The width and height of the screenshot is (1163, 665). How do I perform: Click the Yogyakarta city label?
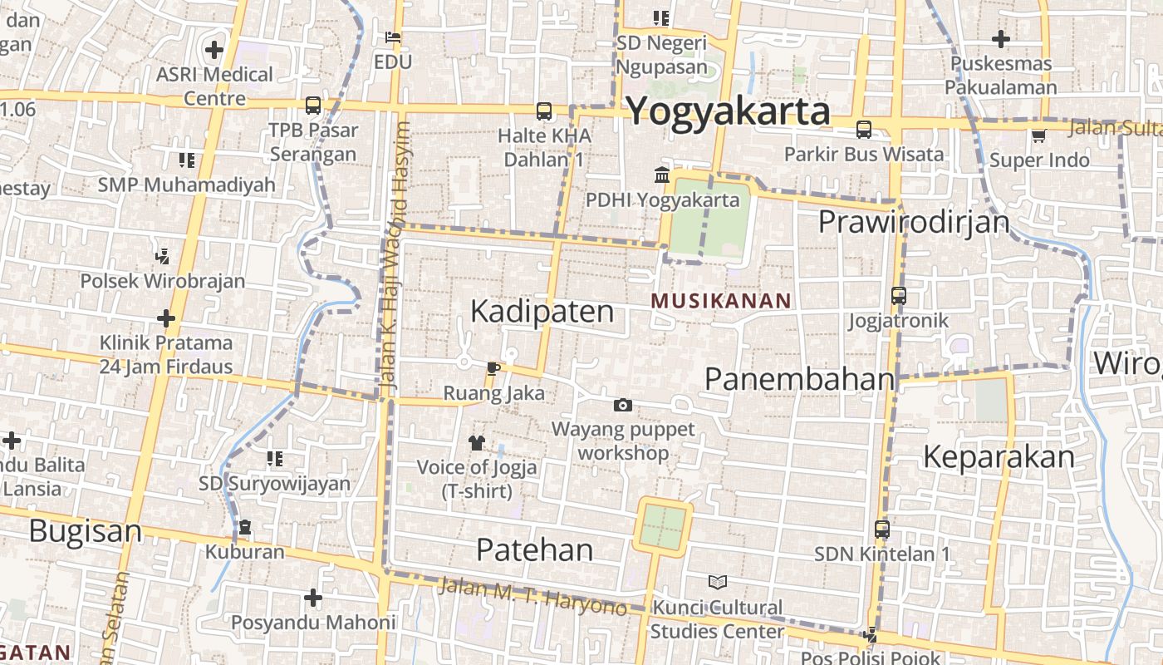[728, 111]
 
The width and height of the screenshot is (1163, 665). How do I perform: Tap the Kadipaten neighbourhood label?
[542, 312]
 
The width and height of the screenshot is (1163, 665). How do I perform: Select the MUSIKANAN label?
[721, 301]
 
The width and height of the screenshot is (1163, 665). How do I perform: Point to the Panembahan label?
[799, 379]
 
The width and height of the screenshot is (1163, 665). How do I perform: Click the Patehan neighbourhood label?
[535, 549]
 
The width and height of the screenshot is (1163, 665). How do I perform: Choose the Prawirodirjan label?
[914, 222]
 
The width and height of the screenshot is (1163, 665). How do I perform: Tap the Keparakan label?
[999, 457]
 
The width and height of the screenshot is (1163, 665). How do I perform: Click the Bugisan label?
[86, 531]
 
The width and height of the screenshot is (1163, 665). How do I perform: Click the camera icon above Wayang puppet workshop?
[622, 405]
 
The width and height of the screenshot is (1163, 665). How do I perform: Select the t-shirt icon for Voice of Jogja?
[477, 442]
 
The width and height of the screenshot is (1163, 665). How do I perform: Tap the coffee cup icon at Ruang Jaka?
[493, 368]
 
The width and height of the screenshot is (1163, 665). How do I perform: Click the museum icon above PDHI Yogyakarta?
[662, 175]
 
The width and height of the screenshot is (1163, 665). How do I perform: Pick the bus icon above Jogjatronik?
[898, 295]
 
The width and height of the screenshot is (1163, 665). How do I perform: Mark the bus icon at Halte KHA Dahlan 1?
[544, 111]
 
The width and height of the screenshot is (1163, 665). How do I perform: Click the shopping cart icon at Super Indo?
[1038, 135]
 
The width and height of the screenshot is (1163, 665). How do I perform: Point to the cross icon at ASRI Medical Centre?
[214, 50]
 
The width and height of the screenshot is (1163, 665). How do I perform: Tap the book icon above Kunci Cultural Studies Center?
[717, 582]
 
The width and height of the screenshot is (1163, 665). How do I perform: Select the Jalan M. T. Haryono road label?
[532, 596]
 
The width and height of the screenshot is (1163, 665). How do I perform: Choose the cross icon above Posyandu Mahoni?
[312, 597]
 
